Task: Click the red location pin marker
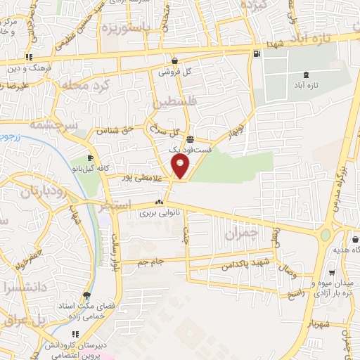(x=181, y=167)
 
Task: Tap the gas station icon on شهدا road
(x=255, y=53)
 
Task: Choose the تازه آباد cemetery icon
(x=305, y=75)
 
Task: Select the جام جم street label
(x=151, y=262)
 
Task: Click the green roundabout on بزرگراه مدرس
(x=324, y=235)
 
